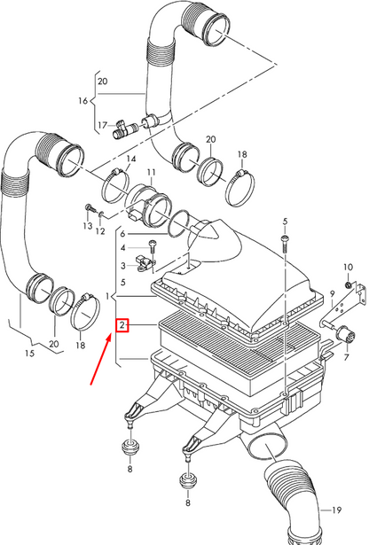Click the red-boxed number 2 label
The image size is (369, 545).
point(122,325)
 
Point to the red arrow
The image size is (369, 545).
point(101,359)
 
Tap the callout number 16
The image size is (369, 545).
point(82,101)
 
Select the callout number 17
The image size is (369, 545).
point(102,124)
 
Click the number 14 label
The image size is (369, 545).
point(131,159)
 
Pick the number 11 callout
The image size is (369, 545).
point(152,173)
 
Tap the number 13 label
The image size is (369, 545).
point(88,226)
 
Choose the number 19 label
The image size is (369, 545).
point(336,510)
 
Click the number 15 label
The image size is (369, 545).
point(30,354)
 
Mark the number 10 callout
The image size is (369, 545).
point(348,267)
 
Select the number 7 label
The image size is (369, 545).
point(346,357)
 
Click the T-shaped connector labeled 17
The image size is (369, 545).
point(126,128)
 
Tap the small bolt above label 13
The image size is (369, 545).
point(88,208)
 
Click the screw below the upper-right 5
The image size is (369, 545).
point(284,244)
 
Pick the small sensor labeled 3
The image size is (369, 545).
point(145,263)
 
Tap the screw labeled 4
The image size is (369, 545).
point(153,248)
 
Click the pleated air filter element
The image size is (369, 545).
point(239,355)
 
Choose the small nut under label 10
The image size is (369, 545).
point(348,285)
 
